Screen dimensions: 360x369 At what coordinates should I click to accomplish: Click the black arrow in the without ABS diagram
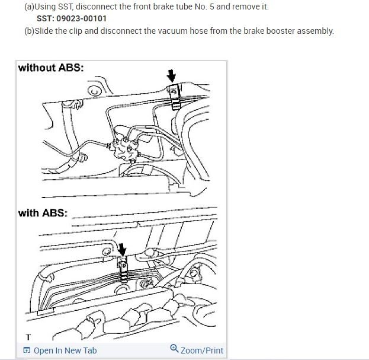[x=172, y=75]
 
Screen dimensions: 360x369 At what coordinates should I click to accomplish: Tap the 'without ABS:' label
[x=51, y=68]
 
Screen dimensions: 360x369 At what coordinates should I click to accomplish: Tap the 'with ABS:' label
[x=43, y=213]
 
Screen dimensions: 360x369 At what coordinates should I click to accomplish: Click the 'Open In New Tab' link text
[x=65, y=351]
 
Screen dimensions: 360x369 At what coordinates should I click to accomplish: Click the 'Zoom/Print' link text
[x=202, y=351]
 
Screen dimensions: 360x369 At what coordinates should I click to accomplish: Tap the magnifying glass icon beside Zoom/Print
[x=174, y=349]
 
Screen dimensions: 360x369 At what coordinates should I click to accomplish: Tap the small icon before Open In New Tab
[x=27, y=351]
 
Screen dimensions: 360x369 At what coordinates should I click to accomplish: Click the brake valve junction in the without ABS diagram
[x=127, y=144]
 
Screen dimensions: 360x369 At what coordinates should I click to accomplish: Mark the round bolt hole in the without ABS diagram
[x=93, y=91]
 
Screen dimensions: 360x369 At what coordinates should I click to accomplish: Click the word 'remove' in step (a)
[x=242, y=7]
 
